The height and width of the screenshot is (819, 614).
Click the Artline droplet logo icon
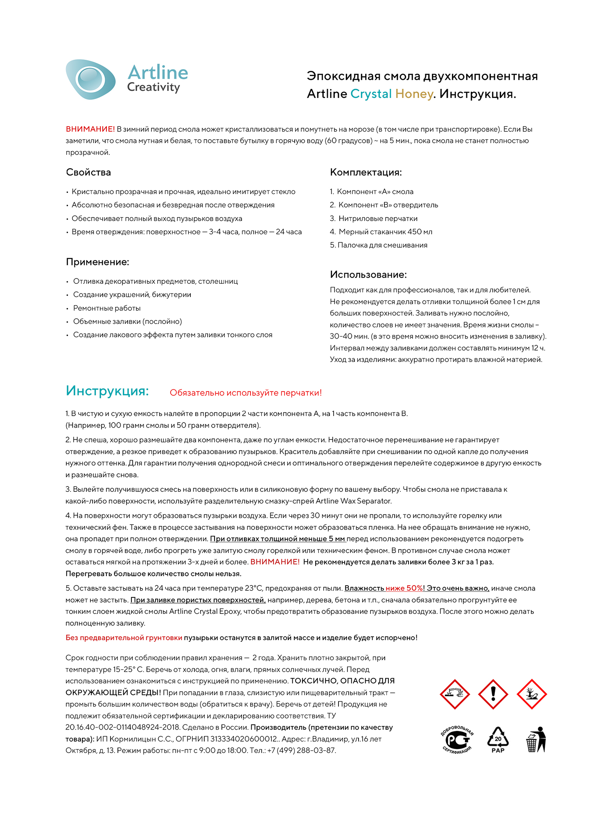point(90,79)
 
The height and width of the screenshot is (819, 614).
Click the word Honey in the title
point(414,94)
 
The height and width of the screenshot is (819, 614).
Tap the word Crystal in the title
point(371,94)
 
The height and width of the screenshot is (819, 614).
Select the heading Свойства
point(88,172)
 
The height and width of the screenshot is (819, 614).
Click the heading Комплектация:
point(366,172)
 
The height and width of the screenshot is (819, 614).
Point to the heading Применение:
point(97,262)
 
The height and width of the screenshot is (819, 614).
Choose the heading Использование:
point(368,275)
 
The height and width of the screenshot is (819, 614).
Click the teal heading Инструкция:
point(107,391)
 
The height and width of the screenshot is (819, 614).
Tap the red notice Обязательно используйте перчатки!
point(246,393)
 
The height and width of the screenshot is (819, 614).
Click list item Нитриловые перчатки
point(377,219)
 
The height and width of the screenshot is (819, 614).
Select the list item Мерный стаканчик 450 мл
point(385,232)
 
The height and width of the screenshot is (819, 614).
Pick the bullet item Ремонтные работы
point(107,308)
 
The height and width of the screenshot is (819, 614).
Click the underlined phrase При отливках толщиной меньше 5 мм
point(278,539)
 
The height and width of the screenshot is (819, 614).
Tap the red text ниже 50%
point(404,588)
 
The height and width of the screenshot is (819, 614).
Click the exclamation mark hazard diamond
point(493,694)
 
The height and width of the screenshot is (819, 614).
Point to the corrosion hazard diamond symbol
point(454,694)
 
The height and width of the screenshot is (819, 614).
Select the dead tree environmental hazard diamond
point(531,694)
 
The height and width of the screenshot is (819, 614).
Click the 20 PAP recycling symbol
point(498,740)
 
